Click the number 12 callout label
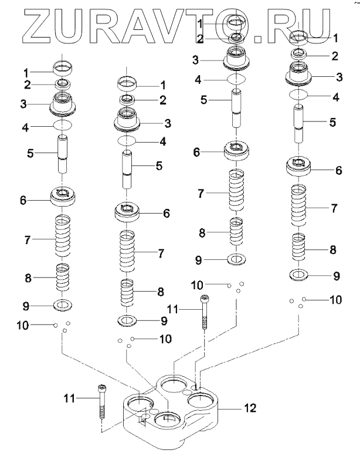coord(250,407)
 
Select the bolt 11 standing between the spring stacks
coord(204,312)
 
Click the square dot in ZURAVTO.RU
coord(257,39)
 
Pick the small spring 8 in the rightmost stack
coord(298,247)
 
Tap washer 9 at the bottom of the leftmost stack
coord(63,305)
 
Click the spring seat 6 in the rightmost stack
coord(298,167)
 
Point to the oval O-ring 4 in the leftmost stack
coord(62,125)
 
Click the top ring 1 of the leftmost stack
coord(62,68)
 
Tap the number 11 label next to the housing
coord(69,398)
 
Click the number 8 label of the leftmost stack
coord(28,278)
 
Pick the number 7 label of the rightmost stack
coord(334,208)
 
